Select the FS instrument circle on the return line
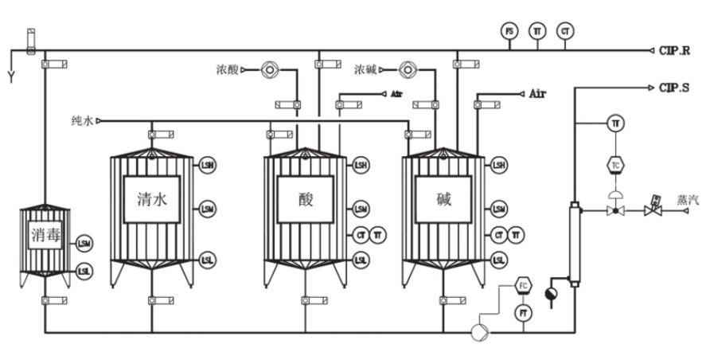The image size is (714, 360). pos(509,31)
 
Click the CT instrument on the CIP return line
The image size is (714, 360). pos(566,31)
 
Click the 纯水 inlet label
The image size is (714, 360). pos(81,121)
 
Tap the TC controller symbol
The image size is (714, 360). pos(615,165)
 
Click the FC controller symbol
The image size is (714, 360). pos(523,285)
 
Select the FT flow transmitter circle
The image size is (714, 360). pos(523,314)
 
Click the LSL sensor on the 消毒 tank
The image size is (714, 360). pos(84,272)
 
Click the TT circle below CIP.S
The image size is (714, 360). pos(615,123)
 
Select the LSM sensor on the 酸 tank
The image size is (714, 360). pos(361,209)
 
